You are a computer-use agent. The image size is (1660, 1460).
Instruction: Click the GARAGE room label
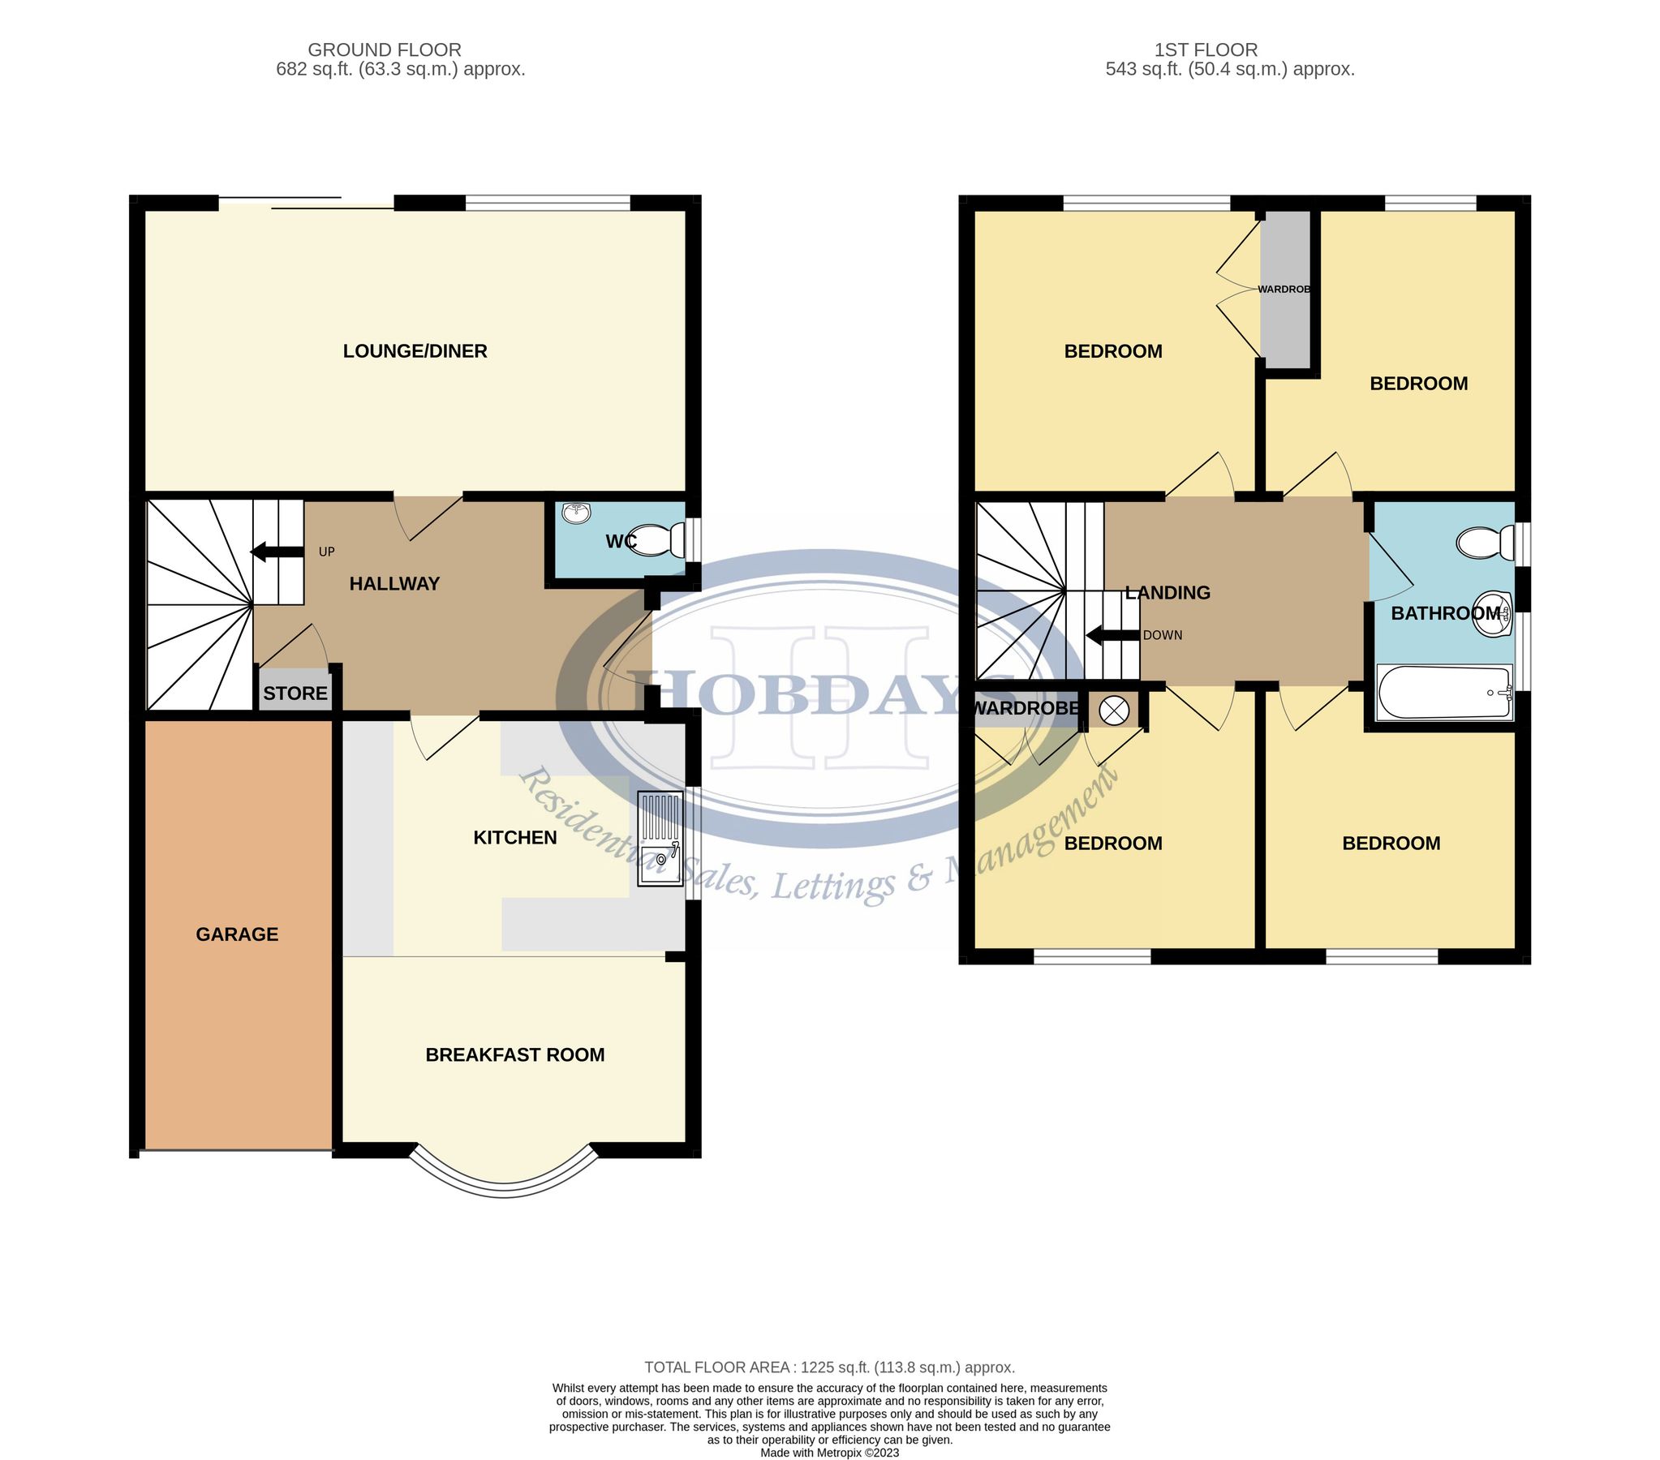236,934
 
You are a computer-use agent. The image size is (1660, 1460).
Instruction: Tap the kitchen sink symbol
660,838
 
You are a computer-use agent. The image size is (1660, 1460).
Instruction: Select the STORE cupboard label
295,693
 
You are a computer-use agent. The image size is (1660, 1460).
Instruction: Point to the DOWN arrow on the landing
1112,635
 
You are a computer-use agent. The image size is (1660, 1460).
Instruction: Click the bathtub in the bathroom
1444,692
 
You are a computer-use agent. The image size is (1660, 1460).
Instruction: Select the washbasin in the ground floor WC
577,512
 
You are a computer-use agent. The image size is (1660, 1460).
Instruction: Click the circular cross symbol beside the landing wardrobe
1113,711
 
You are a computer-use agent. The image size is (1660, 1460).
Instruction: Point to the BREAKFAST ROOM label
515,1054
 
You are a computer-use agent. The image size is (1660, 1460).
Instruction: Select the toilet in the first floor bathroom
1485,543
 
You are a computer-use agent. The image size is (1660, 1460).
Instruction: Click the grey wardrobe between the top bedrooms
1286,288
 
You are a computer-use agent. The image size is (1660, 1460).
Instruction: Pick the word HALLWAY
393,583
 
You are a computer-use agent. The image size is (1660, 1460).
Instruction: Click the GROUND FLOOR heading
384,49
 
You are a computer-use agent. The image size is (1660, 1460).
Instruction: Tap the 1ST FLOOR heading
1205,49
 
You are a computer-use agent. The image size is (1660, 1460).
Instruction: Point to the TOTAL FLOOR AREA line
829,1368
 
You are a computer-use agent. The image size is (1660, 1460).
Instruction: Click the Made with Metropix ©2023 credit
829,1453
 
